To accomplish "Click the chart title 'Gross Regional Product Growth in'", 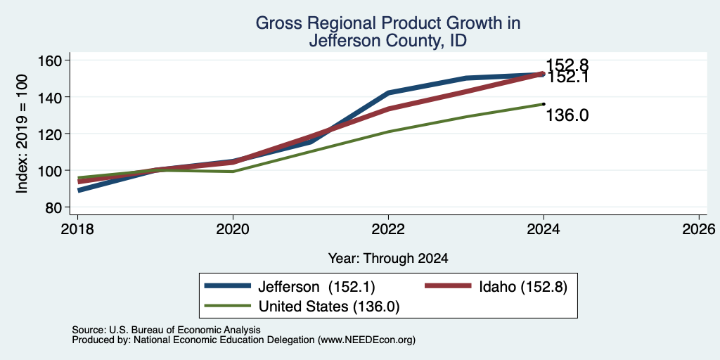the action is click(x=388, y=23).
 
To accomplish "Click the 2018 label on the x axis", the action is click(x=77, y=229).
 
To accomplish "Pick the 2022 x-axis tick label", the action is click(x=388, y=229).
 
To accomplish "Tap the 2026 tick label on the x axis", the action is click(x=699, y=229).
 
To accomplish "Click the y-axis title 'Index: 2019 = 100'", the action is click(x=22, y=134).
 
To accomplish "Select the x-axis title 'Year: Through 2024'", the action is click(x=388, y=259).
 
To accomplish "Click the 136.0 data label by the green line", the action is click(x=567, y=116).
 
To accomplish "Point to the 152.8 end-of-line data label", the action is click(x=567, y=65).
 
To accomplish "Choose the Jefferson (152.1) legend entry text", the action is click(x=317, y=287).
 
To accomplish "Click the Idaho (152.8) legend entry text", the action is click(x=523, y=287).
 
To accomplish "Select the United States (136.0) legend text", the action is click(x=329, y=307).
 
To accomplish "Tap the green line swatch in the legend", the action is click(x=228, y=306).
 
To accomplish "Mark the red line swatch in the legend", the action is click(x=448, y=286).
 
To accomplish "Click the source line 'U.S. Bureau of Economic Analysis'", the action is click(x=185, y=330).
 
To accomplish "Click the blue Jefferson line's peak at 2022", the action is click(x=388, y=93).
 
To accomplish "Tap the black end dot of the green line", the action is click(x=544, y=104).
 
